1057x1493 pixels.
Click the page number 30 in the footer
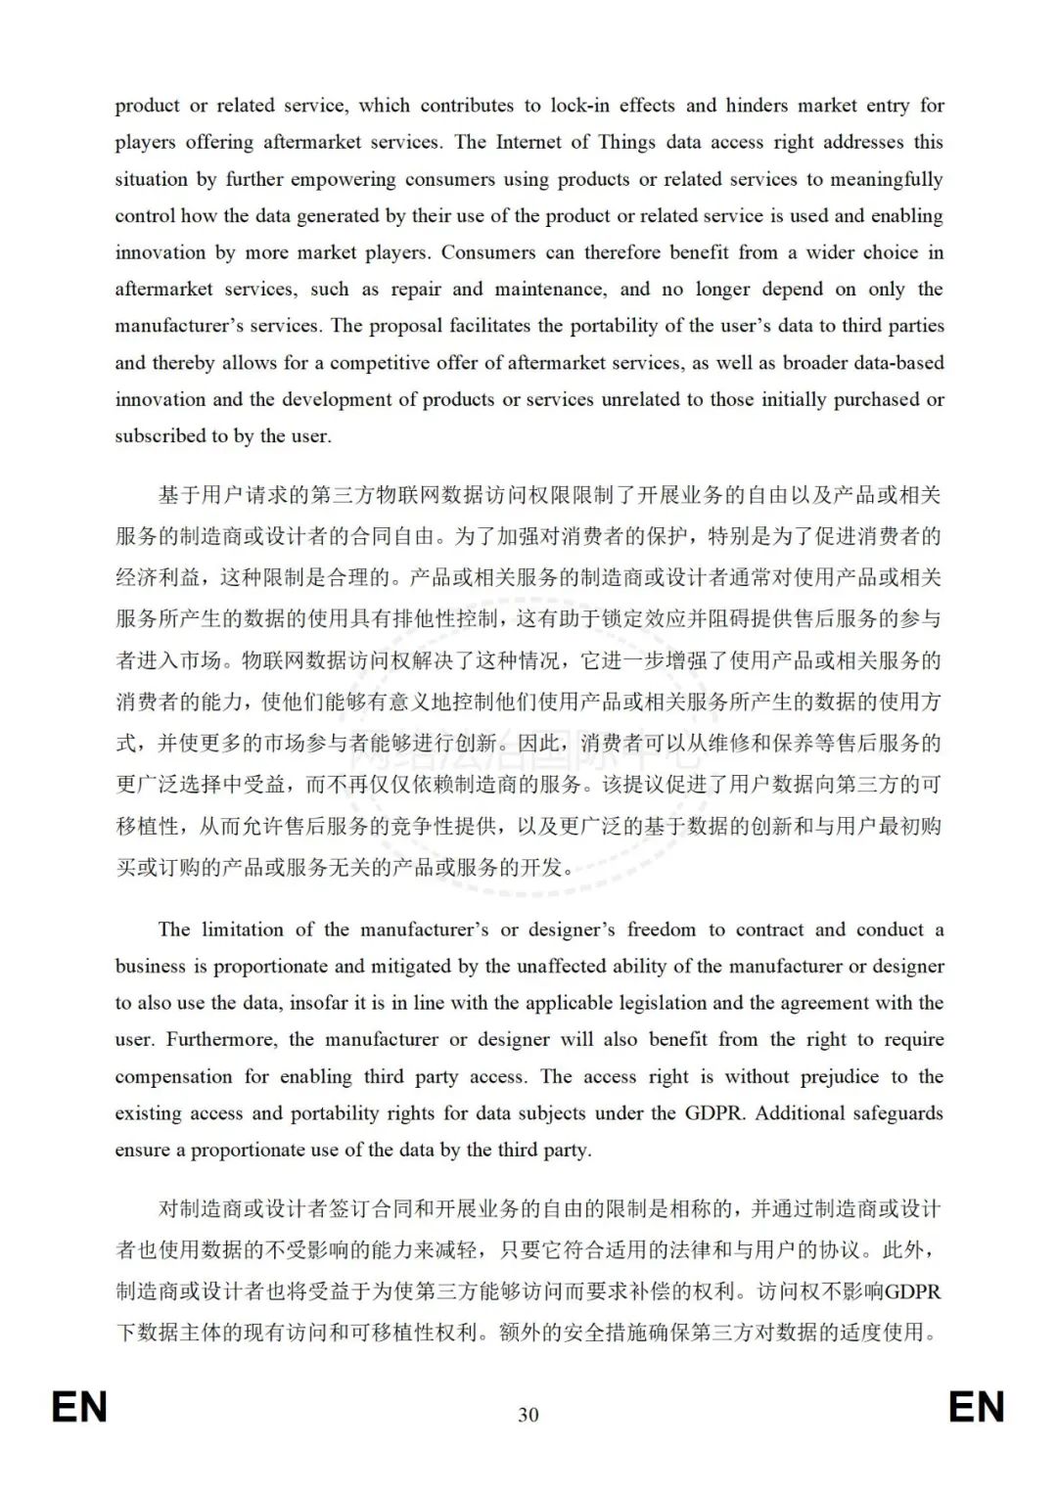point(528,1415)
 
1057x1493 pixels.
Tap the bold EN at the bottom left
point(79,1408)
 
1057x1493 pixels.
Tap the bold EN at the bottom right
point(976,1408)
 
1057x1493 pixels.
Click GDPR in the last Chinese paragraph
point(912,1291)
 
